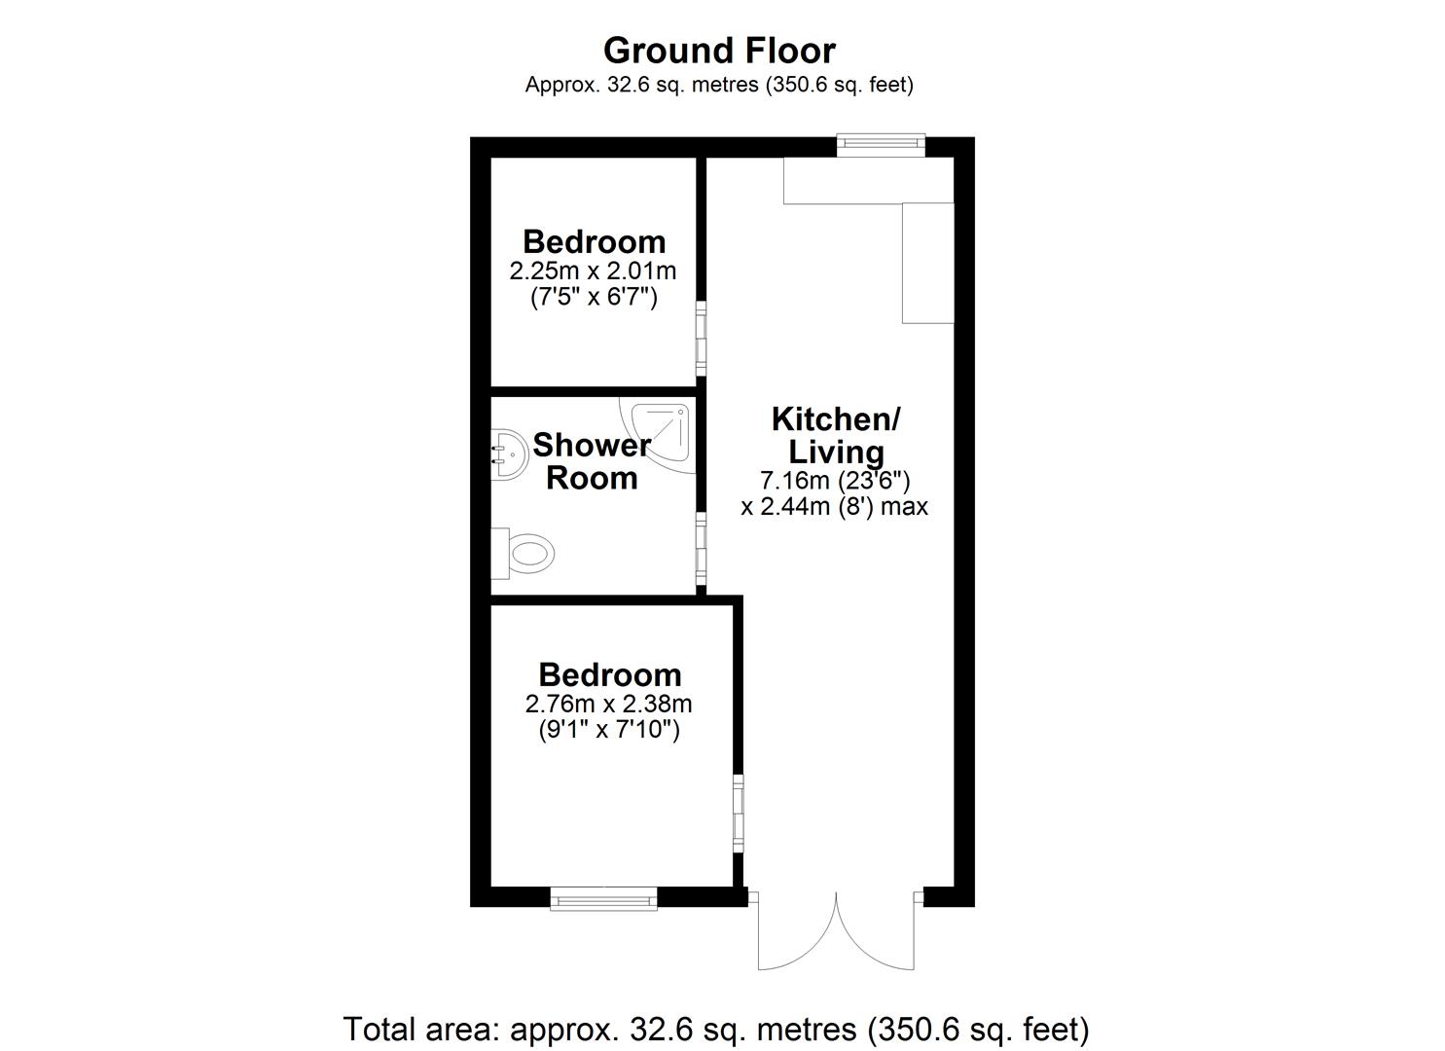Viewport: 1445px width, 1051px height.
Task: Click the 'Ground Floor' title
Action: click(x=719, y=50)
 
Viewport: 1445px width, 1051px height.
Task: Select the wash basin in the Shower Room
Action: click(x=507, y=453)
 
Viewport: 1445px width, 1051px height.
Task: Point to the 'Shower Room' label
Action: click(x=592, y=461)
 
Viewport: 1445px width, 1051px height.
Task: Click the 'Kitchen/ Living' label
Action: click(x=836, y=435)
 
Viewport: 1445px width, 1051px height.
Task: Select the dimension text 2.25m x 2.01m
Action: click(x=593, y=271)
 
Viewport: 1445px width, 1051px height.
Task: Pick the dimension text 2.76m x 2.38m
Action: click(x=608, y=704)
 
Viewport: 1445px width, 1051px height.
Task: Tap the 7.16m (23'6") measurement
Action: click(x=835, y=481)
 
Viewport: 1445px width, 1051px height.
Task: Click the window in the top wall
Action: click(x=882, y=145)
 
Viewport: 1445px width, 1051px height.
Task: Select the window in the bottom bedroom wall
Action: click(x=603, y=898)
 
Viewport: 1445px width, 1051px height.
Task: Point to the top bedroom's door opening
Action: click(x=701, y=338)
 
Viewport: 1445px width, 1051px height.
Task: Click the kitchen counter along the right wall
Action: click(x=927, y=263)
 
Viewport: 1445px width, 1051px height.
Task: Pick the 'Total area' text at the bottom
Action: click(x=716, y=1029)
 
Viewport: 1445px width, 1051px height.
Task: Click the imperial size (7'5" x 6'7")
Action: click(x=593, y=297)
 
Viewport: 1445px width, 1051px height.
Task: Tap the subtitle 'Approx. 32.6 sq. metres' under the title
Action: click(x=719, y=85)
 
